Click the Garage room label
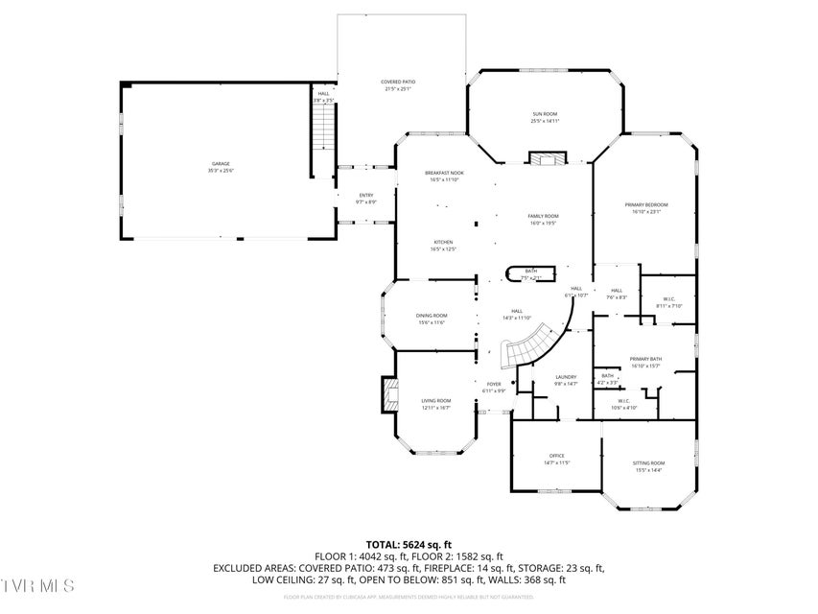pyautogui.click(x=221, y=167)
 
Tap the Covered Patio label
pyautogui.click(x=398, y=85)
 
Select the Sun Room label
pyautogui.click(x=545, y=118)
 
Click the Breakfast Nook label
pyautogui.click(x=444, y=176)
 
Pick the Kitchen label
pyautogui.click(x=442, y=245)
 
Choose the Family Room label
pyautogui.click(x=543, y=220)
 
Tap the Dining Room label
pyautogui.click(x=431, y=319)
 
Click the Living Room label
pyautogui.click(x=435, y=404)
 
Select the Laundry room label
pyautogui.click(x=566, y=380)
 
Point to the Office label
pyautogui.click(x=556, y=459)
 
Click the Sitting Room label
pyautogui.click(x=649, y=466)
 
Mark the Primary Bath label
pyautogui.click(x=645, y=362)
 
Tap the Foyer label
pyautogui.click(x=493, y=387)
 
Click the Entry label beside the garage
pyautogui.click(x=366, y=199)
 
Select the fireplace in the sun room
pyautogui.click(x=548, y=159)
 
